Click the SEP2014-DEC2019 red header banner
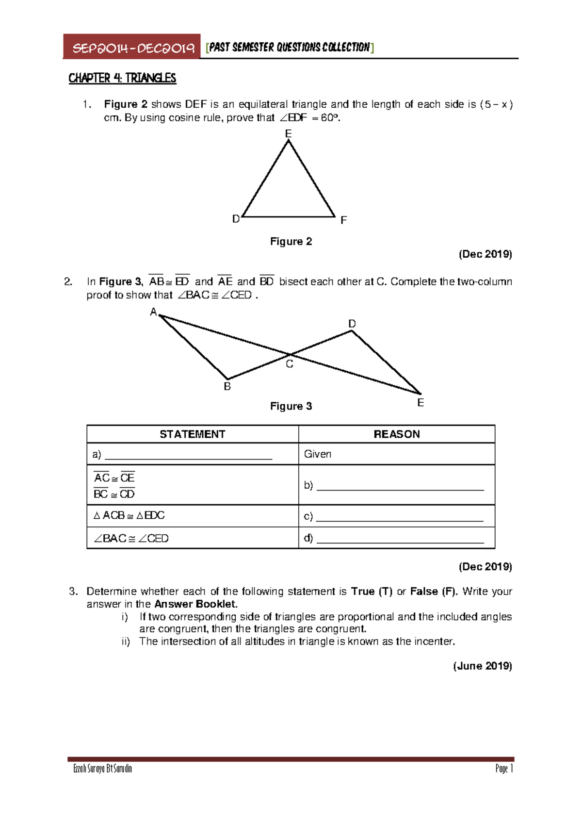(x=132, y=48)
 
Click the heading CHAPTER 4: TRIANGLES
(x=122, y=78)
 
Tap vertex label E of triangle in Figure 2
(x=288, y=133)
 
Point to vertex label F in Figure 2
(x=343, y=220)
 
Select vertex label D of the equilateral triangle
(x=236, y=219)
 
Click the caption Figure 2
(x=291, y=242)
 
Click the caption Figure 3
(x=291, y=406)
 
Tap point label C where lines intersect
(x=290, y=364)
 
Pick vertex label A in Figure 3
(x=153, y=312)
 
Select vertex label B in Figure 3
(x=227, y=387)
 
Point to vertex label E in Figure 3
(x=420, y=403)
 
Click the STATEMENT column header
(x=193, y=434)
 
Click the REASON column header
(x=397, y=434)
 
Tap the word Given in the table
(x=318, y=454)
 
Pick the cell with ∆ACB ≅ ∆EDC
(x=129, y=515)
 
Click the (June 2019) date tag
(x=483, y=666)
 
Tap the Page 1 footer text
(x=504, y=769)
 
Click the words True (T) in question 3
(x=372, y=591)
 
